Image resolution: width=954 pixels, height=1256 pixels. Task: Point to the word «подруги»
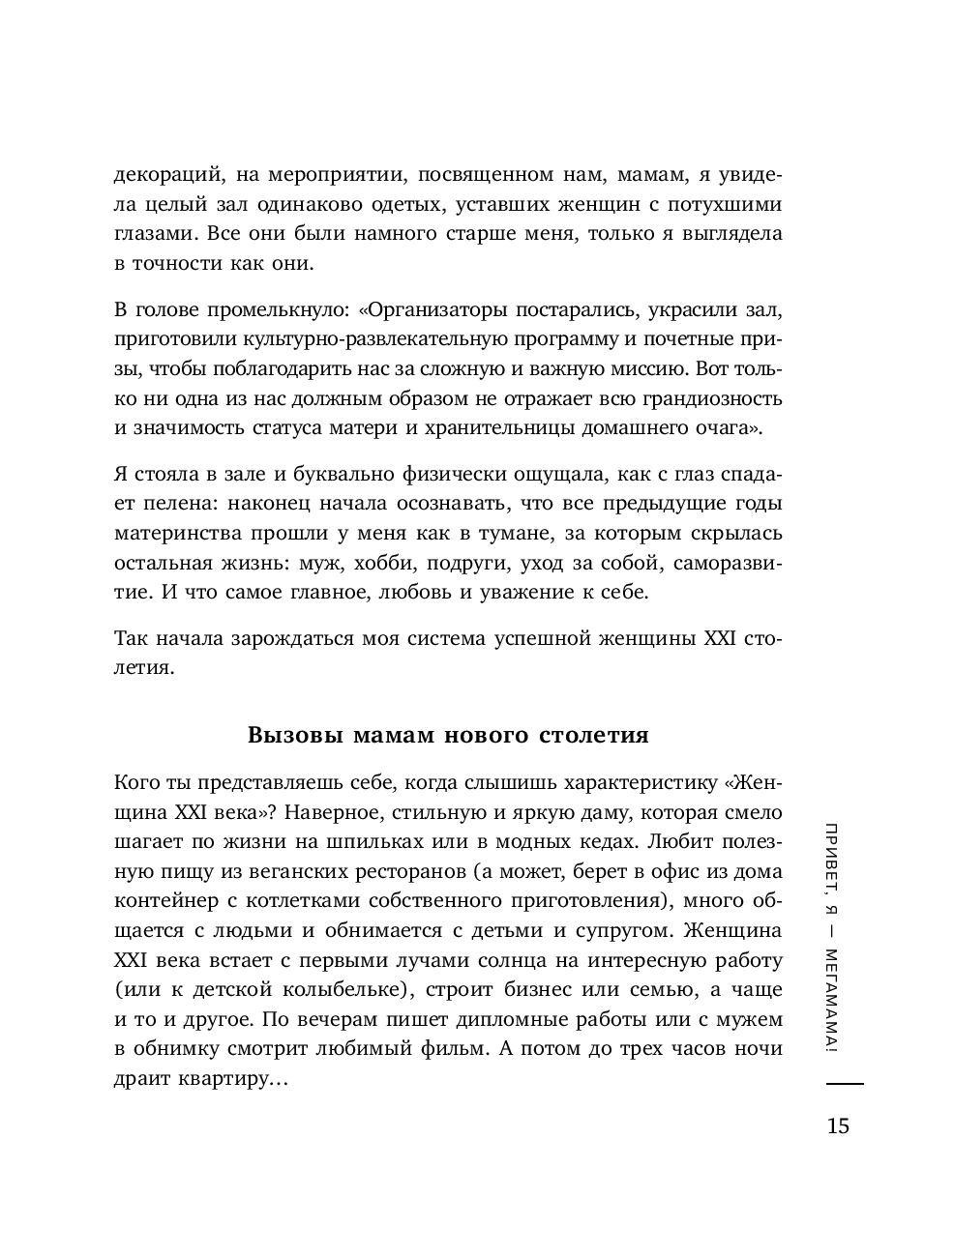coord(500,562)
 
